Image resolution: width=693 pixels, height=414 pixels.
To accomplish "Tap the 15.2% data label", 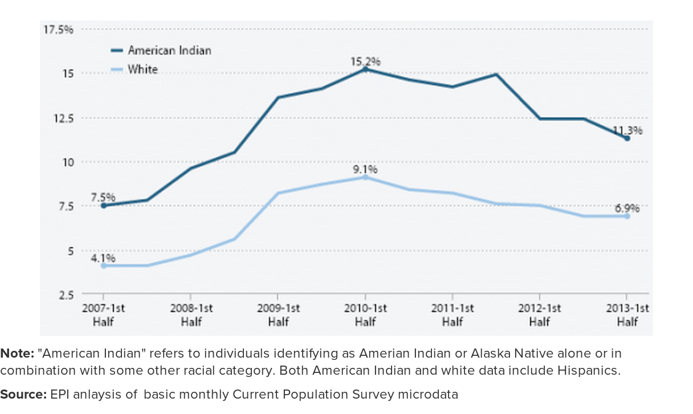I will pos(365,61).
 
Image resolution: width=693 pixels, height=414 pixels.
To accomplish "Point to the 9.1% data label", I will pos(365,169).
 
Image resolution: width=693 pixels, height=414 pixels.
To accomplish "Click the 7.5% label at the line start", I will pos(103,197).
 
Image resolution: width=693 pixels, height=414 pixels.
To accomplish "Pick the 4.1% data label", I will pos(103,257).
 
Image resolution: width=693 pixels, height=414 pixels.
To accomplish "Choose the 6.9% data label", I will pos(627,208).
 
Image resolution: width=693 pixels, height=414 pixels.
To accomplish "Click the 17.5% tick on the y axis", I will pos(59,29).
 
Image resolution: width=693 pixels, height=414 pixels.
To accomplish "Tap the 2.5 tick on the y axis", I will pos(66,294).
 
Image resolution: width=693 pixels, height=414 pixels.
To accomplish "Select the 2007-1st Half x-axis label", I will pos(103,315).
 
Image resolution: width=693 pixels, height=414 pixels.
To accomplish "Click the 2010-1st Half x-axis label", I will pos(365,315).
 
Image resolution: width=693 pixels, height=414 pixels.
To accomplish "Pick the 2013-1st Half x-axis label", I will pos(627,315).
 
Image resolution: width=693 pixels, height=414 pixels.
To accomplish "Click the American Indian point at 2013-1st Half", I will pos(627,138).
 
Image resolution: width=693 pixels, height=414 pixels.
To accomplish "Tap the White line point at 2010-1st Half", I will pos(365,177).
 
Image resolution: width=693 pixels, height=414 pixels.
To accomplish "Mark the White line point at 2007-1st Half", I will pos(103,265).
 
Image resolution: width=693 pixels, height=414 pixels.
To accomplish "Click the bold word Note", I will pos(17,353).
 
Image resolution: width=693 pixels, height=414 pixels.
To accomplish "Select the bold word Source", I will pos(23,394).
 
